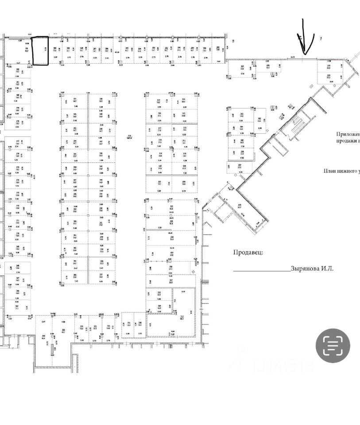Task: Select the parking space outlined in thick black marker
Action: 41,51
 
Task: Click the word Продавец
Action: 248,252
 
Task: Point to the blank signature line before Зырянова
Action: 262,270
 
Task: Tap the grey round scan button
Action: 333,346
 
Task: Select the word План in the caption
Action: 330,171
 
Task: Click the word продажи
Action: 347,141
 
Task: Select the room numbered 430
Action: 240,207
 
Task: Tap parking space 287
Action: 242,69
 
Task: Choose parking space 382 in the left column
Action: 18,72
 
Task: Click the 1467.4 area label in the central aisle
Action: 130,137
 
